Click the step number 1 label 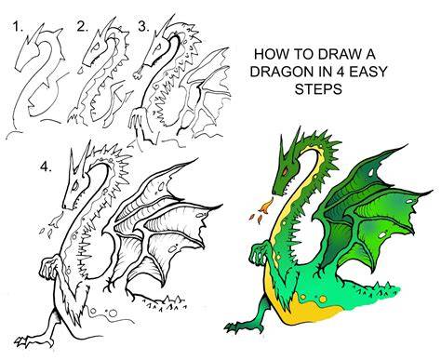click(x=18, y=27)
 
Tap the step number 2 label click(x=83, y=27)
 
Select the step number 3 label click(x=143, y=27)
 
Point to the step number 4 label click(x=46, y=167)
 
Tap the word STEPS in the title click(x=318, y=89)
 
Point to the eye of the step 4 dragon click(x=75, y=186)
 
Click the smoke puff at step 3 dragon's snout click(x=138, y=73)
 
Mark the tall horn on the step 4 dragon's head click(x=73, y=162)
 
